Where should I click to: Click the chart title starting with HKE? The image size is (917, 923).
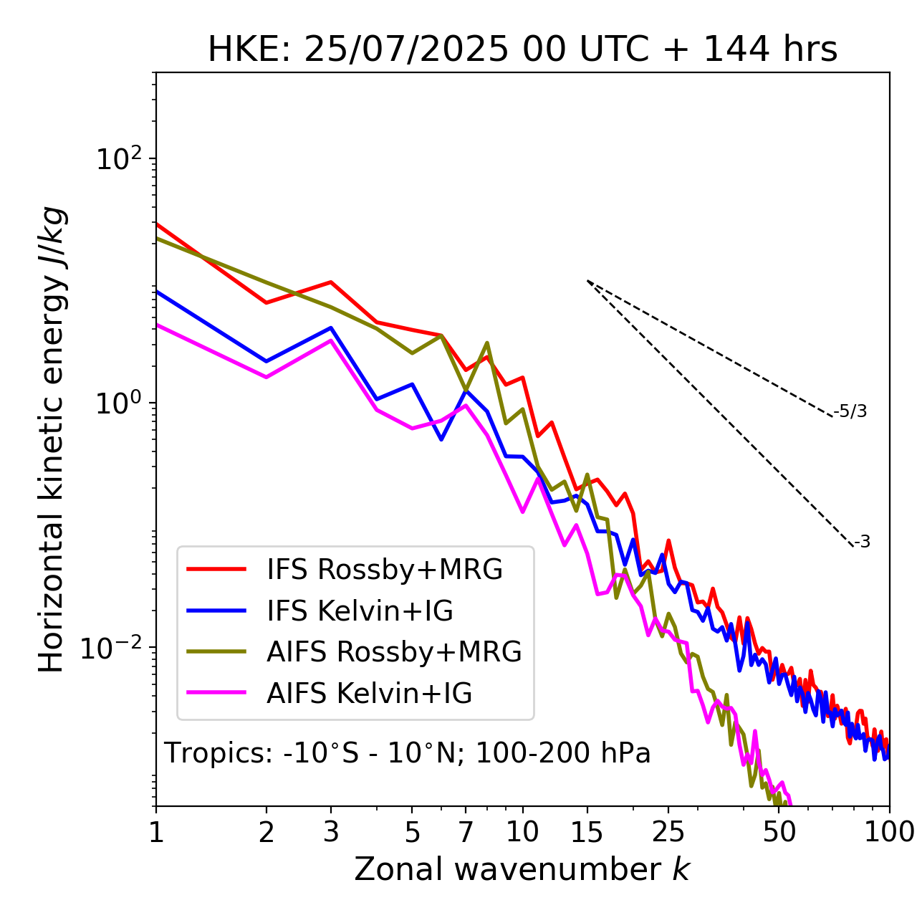(522, 50)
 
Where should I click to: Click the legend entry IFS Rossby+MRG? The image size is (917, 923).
(385, 569)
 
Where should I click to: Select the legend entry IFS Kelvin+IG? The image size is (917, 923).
(360, 611)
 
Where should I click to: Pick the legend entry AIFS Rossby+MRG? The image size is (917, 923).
(394, 651)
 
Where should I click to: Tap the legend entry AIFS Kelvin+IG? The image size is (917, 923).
(370, 693)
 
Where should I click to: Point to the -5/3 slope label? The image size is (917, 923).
(850, 411)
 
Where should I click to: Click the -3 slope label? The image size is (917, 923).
(862, 542)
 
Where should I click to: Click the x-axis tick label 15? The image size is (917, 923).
(587, 832)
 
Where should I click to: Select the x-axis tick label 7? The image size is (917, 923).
(466, 832)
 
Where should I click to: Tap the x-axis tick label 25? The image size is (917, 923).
(668, 832)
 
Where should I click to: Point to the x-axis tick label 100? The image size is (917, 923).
(889, 832)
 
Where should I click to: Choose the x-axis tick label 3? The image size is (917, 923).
(331, 832)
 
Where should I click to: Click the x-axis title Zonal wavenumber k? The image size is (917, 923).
(522, 869)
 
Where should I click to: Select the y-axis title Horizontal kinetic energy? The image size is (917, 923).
(52, 440)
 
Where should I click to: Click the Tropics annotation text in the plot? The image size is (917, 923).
(408, 753)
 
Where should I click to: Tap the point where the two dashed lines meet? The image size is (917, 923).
(587, 281)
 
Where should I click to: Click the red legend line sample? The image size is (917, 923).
(216, 569)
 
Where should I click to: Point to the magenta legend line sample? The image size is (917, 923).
(216, 693)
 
